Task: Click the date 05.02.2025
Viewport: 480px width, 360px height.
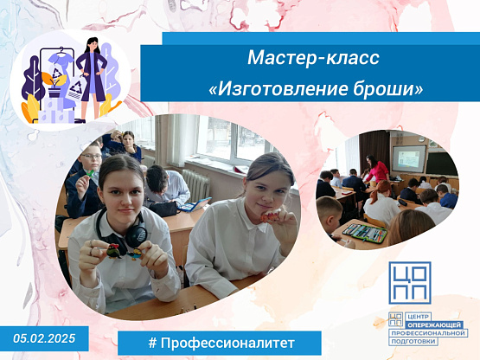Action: tap(44, 338)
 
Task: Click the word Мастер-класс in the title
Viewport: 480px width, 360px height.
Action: tap(313, 58)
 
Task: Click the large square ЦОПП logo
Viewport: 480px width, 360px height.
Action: tap(410, 282)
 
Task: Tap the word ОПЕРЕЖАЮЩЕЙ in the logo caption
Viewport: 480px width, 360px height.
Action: tap(434, 325)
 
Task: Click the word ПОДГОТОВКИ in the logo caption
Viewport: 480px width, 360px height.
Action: tap(413, 342)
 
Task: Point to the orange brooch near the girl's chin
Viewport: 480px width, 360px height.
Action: tap(271, 217)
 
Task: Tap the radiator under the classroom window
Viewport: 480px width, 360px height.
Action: tap(195, 184)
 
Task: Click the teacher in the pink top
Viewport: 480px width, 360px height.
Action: tap(377, 169)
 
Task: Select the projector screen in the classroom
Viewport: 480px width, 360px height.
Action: tap(409, 158)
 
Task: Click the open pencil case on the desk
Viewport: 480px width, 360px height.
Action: tap(365, 233)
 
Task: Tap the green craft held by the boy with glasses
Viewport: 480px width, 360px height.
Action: tap(90, 173)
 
